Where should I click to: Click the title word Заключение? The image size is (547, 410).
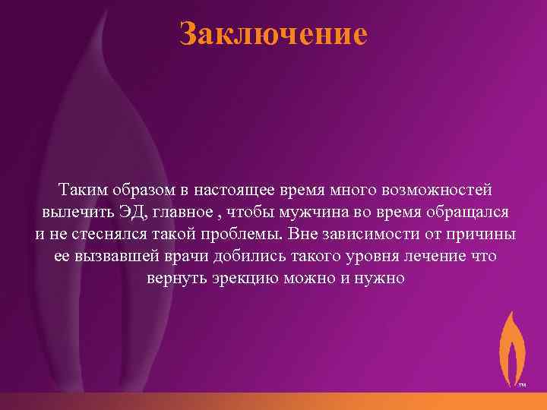click(273, 34)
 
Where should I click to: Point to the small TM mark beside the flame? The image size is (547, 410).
click(522, 385)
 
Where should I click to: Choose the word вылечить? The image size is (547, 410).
click(74, 210)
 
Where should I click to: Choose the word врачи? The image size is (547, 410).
click(202, 256)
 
